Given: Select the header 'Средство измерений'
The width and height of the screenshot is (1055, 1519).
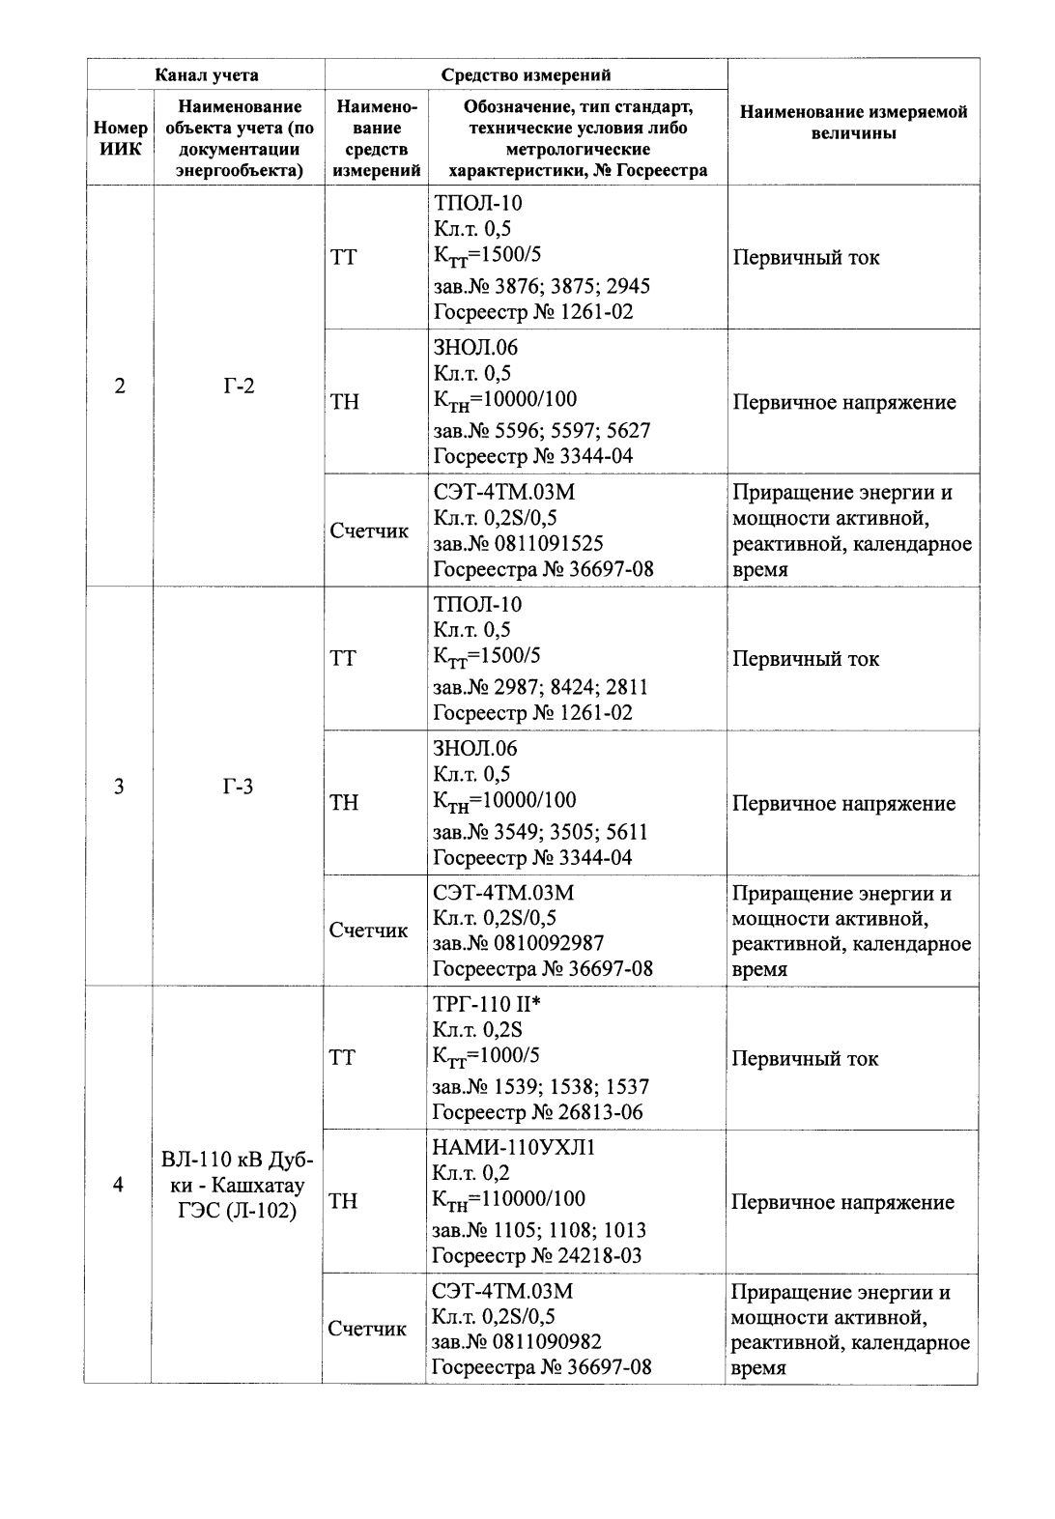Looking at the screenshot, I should point(526,74).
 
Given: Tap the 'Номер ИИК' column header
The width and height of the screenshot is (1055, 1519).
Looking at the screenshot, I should point(121,138).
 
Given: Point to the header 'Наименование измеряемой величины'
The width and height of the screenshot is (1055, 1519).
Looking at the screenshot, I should point(853,123).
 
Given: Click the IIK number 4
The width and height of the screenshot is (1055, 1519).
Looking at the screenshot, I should point(119,1185).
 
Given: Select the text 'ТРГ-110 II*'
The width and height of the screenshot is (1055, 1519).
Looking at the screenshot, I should point(487,1005).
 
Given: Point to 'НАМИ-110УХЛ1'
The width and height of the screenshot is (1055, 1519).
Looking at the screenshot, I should point(514,1148).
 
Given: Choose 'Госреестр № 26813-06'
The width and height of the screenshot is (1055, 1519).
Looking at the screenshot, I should point(537,1112).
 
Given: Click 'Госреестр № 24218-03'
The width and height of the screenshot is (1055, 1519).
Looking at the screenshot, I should point(536,1255).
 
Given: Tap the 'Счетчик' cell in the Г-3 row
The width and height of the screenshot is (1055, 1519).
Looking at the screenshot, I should point(368,931).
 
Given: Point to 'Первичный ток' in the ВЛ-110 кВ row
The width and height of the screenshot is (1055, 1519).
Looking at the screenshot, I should point(805,1059).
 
